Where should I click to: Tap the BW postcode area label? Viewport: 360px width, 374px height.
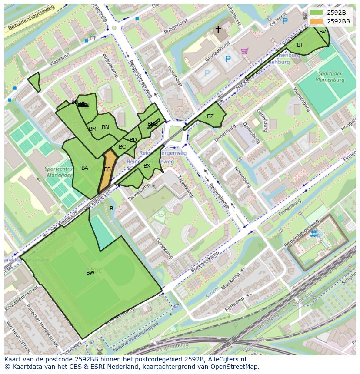(90, 273)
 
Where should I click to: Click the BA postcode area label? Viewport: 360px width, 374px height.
(85, 168)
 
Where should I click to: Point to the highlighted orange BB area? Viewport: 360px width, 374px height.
(107, 169)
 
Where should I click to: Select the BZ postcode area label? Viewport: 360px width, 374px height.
(210, 116)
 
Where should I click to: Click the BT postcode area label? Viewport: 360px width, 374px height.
(300, 45)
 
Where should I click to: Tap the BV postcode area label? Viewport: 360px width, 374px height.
(323, 32)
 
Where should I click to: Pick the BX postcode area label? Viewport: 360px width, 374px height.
(147, 166)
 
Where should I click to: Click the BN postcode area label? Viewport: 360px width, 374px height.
(105, 127)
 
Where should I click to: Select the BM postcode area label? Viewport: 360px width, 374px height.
(93, 129)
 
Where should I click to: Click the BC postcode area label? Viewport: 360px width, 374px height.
(122, 147)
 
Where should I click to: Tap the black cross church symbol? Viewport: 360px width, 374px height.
(218, 30)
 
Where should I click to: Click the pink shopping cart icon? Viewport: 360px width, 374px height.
(244, 51)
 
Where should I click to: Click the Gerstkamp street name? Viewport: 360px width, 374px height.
(165, 248)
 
